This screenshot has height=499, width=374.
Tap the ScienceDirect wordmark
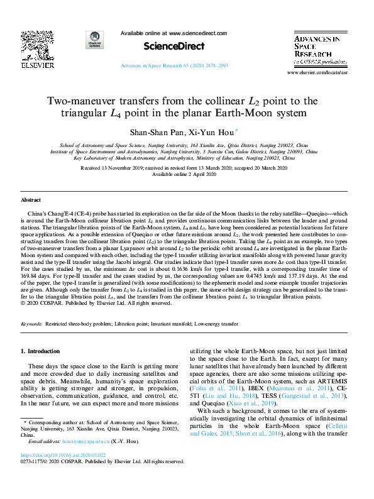(165, 46)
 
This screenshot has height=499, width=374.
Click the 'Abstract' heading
(31, 199)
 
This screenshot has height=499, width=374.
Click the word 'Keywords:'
(32, 324)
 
